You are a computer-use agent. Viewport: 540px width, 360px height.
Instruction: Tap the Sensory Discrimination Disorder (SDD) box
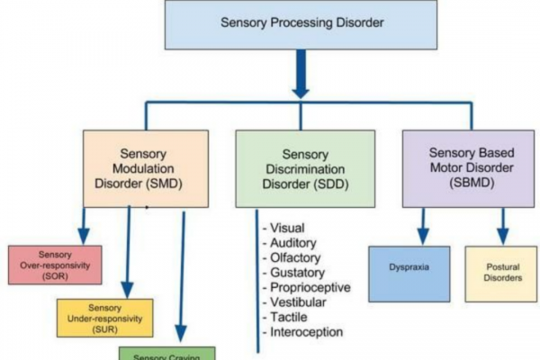tap(305, 169)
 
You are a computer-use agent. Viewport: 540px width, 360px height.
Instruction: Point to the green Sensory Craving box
tap(167, 354)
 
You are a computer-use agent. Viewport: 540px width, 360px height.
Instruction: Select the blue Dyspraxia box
tap(409, 273)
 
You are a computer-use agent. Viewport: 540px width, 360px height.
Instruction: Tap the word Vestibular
tap(296, 302)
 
